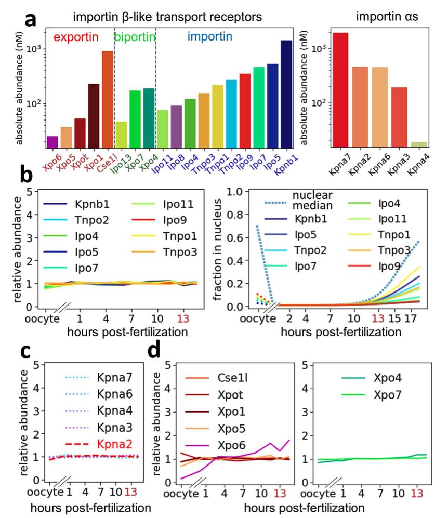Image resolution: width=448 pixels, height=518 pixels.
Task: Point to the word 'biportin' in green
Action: tap(134, 37)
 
